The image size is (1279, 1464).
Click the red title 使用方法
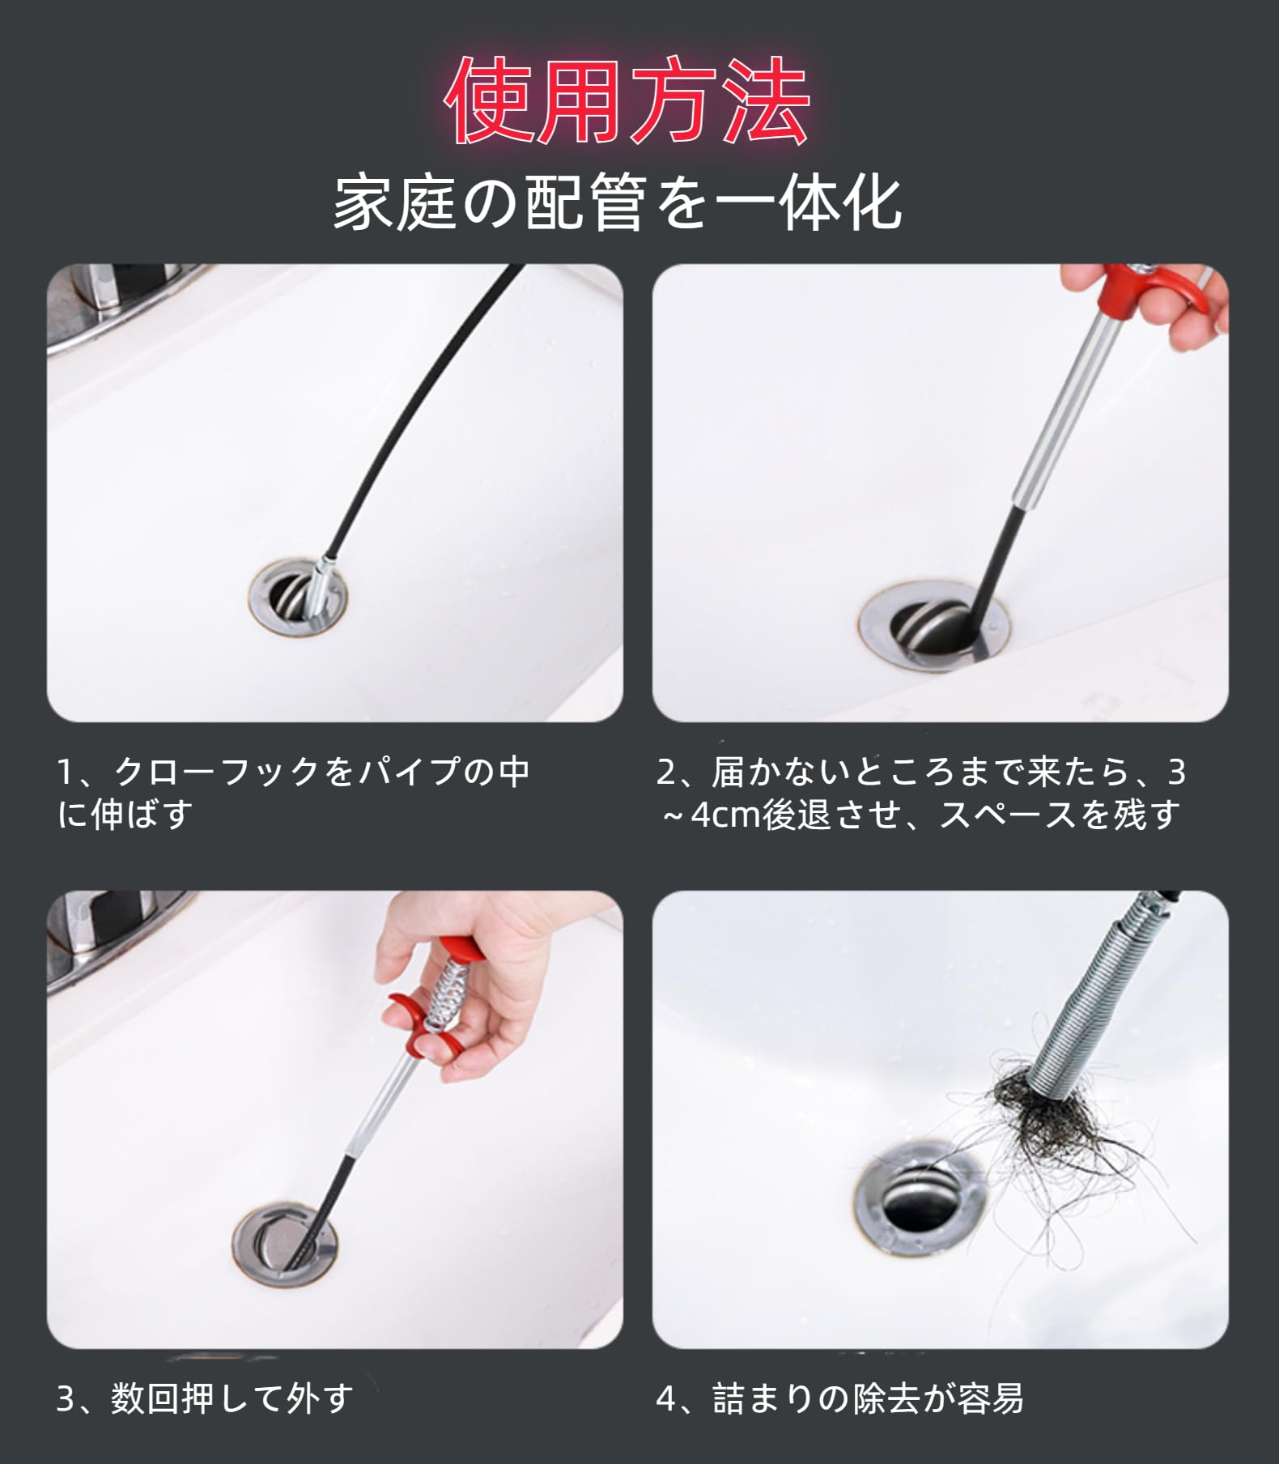(628, 101)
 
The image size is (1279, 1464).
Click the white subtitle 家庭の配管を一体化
(618, 202)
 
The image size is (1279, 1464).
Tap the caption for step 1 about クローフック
(293, 792)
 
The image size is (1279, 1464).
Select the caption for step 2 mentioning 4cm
(921, 792)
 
